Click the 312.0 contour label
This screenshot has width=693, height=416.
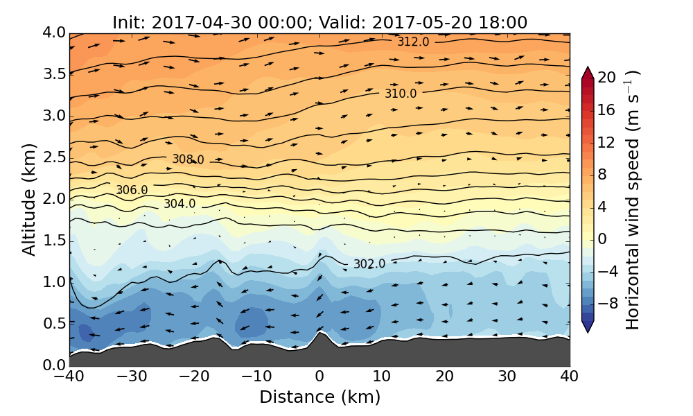click(x=413, y=42)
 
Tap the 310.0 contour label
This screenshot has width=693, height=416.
click(x=401, y=94)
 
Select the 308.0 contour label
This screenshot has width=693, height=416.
click(x=188, y=160)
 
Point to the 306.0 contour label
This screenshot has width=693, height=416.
click(x=132, y=190)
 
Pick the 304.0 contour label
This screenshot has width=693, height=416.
click(x=179, y=204)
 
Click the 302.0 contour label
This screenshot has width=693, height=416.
click(x=369, y=264)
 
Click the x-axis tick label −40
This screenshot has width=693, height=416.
click(x=69, y=376)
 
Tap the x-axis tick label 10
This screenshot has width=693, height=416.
click(x=382, y=376)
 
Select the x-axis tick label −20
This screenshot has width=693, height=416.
click(x=194, y=376)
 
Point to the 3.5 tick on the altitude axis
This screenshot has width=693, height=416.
click(x=53, y=74)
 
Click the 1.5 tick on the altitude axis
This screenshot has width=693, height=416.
click(x=53, y=241)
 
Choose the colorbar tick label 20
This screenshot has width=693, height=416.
click(x=607, y=78)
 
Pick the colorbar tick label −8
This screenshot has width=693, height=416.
click(x=607, y=302)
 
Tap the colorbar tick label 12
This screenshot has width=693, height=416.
click(x=607, y=142)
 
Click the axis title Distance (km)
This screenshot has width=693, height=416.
click(x=319, y=397)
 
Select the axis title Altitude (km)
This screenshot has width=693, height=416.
click(x=29, y=199)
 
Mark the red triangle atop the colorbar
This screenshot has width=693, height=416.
click(x=588, y=72)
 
